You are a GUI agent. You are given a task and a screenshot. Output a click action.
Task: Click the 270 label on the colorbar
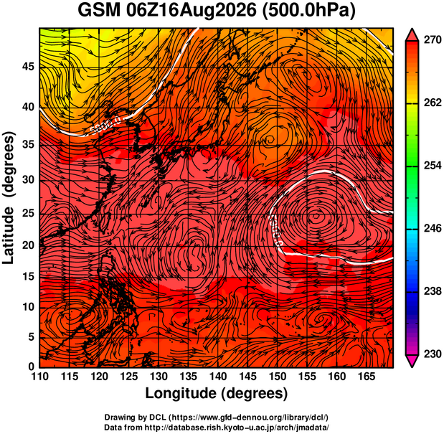coord(433,40)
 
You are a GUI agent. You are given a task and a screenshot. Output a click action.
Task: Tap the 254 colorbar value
coord(433,165)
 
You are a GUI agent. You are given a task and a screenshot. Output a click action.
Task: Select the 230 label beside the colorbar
coord(433,354)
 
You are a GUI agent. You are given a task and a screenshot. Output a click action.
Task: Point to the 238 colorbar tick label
coord(433,291)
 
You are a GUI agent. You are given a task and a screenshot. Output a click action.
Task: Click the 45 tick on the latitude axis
coord(28,67)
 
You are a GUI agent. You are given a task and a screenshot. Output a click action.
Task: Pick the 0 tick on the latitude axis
coord(31,367)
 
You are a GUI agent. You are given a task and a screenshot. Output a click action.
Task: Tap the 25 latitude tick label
coord(28,214)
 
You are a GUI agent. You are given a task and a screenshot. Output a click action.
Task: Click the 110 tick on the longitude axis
coord(40,377)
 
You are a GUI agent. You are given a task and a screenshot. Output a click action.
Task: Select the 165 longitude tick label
coord(367,377)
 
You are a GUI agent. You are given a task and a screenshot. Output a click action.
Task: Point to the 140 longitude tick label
coord(218,377)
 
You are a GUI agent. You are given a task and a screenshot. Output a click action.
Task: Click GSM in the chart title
coord(99,11)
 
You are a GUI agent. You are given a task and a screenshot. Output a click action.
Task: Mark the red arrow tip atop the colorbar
coord(412,29)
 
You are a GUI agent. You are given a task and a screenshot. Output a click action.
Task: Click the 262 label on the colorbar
coord(433,103)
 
